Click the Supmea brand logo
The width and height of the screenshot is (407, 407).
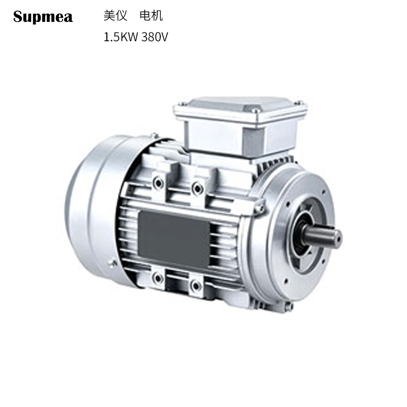click(43, 17)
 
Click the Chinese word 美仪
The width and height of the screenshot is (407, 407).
click(115, 16)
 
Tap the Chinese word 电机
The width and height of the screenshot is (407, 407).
click(151, 16)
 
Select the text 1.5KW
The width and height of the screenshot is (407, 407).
click(121, 37)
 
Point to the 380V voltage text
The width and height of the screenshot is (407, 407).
click(155, 37)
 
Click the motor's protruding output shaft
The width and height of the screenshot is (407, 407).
click(325, 237)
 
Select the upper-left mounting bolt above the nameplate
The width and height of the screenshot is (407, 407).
click(159, 183)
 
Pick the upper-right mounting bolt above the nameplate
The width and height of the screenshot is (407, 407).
click(197, 188)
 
